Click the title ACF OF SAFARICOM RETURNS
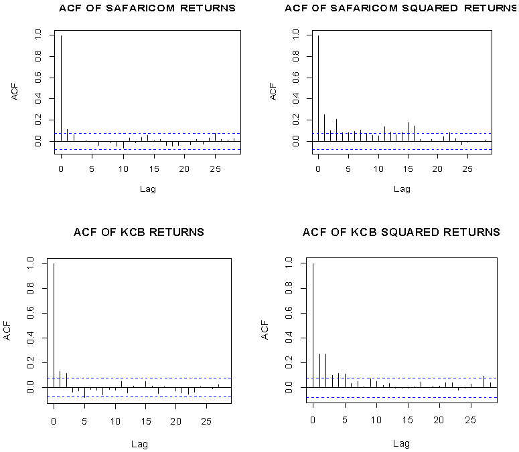coord(147,9)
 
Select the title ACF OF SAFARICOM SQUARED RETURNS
coord(401,9)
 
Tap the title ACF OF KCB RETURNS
coord(139,233)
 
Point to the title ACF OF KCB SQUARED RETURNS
coord(401,233)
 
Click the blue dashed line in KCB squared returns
coord(402,397)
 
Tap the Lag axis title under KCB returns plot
coord(139,443)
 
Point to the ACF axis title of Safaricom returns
coord(15,92)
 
